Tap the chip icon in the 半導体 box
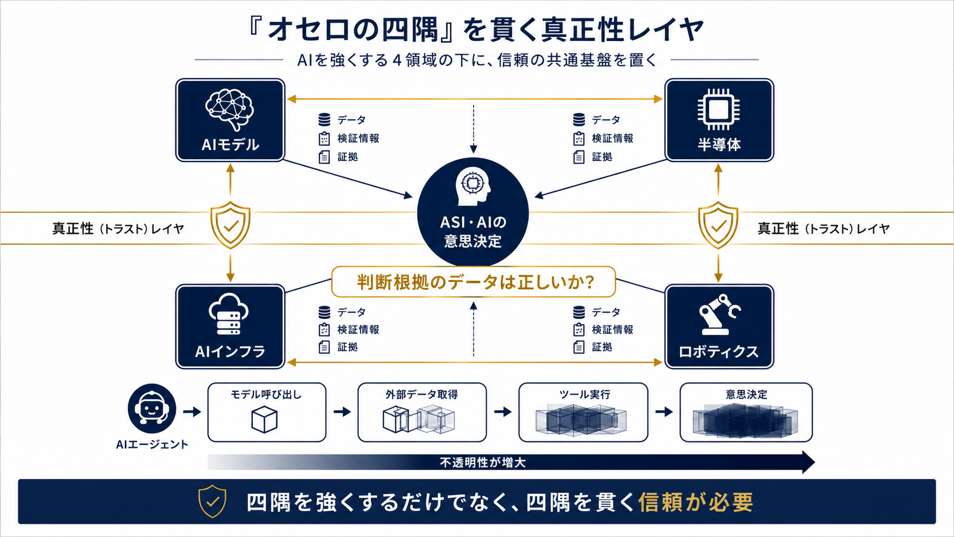[x=718, y=110]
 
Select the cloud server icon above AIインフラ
[x=229, y=314]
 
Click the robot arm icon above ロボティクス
[x=719, y=314]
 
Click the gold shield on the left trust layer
[x=231, y=225]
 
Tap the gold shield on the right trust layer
[x=718, y=225]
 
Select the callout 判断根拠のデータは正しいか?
[x=474, y=282]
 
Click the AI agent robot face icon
[x=152, y=409]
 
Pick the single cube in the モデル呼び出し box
[x=265, y=419]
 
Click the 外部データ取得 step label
[x=422, y=395]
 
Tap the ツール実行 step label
[x=584, y=395]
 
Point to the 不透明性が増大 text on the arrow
[x=483, y=462]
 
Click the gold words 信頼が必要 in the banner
[x=696, y=503]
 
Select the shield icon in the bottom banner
[x=212, y=501]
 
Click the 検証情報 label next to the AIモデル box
[x=358, y=139]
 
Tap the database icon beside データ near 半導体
[x=579, y=120]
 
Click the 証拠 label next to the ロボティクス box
[x=602, y=347]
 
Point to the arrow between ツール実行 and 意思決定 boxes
[x=664, y=412]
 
